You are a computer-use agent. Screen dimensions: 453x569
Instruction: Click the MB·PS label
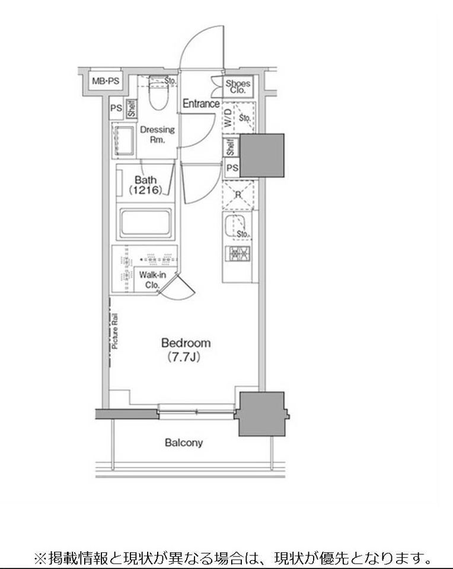pyautogui.click(x=106, y=81)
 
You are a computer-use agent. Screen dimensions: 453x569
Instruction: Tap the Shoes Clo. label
pyautogui.click(x=238, y=87)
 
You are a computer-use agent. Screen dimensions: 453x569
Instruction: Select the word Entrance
pyautogui.click(x=201, y=104)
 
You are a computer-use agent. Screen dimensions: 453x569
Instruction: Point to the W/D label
pyautogui.click(x=228, y=117)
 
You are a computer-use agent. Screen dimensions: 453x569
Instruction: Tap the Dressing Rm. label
pyautogui.click(x=158, y=135)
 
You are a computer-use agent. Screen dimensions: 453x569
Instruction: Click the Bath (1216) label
pyautogui.click(x=145, y=185)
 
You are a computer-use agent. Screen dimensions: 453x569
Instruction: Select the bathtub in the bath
pyautogui.click(x=145, y=222)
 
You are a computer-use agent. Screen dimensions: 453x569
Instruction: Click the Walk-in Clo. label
pyautogui.click(x=152, y=280)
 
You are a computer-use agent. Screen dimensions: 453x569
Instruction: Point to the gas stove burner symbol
pyautogui.click(x=238, y=254)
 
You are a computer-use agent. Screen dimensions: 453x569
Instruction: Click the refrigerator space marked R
pyautogui.click(x=238, y=195)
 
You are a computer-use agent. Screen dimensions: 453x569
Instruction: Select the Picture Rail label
pyautogui.click(x=114, y=331)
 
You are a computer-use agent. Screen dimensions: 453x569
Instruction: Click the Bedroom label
pyautogui.click(x=186, y=343)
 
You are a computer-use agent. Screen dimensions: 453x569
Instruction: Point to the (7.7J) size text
pyautogui.click(x=184, y=357)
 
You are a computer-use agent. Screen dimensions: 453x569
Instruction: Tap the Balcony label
pyautogui.click(x=184, y=443)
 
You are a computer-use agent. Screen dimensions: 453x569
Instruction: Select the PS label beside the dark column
pyautogui.click(x=232, y=168)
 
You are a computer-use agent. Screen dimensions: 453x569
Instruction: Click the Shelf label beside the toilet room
pyautogui.click(x=132, y=108)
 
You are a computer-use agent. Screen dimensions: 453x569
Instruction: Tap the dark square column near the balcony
pyautogui.click(x=261, y=414)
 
